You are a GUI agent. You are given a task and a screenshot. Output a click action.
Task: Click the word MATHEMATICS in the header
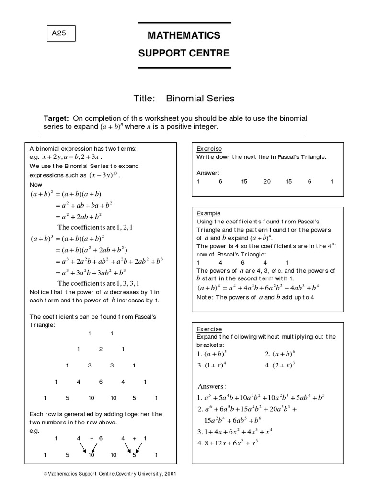point(184,35)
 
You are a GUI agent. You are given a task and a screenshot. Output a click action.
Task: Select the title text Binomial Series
point(200,99)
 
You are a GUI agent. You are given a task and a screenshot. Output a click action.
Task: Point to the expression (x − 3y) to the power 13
point(103,175)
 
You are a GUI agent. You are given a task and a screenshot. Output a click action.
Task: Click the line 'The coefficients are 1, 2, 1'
point(95,227)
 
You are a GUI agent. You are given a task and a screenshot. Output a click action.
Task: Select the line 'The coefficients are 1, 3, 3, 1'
point(98,283)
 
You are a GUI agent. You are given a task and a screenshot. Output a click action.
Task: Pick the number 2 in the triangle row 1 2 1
point(101,349)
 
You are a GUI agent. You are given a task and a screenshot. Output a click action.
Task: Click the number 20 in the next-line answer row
point(267,182)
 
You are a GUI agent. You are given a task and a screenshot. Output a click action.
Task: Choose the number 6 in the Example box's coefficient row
point(243,263)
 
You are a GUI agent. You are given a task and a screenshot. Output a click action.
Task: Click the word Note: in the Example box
point(205,297)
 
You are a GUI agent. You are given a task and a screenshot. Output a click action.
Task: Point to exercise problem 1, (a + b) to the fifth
point(212,355)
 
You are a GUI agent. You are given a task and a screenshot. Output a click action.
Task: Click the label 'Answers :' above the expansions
point(212,386)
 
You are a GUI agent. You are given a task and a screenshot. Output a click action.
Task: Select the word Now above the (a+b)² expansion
point(36,185)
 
